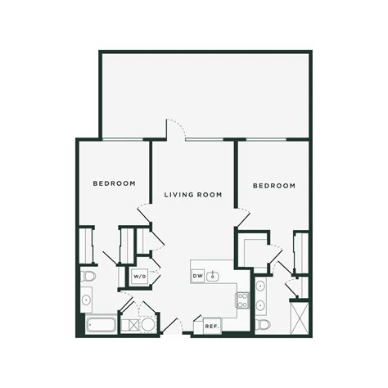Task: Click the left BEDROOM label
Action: (x=115, y=183)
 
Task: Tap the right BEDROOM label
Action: (x=274, y=186)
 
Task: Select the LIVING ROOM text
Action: (x=193, y=195)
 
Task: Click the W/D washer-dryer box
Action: (x=140, y=277)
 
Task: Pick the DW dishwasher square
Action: (x=198, y=276)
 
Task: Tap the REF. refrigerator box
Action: (x=212, y=326)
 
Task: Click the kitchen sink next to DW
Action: (x=212, y=277)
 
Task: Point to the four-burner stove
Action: (x=242, y=300)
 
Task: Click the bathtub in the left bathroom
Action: (x=102, y=324)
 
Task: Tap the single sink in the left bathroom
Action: (x=86, y=300)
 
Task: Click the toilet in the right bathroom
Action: (x=263, y=325)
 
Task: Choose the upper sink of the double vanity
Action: (x=260, y=286)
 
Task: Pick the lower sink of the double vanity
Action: (x=260, y=305)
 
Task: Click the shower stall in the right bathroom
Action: (x=300, y=318)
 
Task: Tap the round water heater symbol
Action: (x=148, y=325)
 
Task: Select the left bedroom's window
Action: (x=122, y=139)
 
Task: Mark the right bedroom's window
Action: (x=266, y=139)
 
